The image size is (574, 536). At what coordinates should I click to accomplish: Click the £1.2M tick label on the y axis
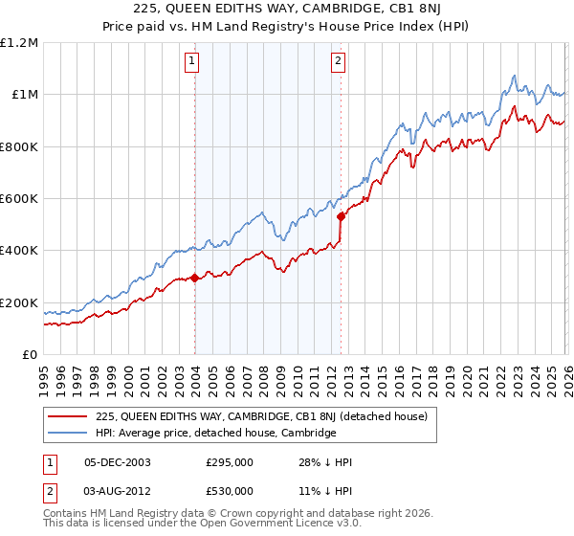coord(20,43)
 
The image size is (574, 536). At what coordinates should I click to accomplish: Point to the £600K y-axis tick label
coord(19,199)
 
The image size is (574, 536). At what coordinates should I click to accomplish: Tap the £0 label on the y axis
coord(30,355)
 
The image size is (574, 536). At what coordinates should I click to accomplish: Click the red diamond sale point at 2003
coord(194,279)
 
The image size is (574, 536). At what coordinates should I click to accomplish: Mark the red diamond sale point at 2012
coord(341,216)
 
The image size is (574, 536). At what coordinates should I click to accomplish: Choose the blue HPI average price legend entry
coord(215,433)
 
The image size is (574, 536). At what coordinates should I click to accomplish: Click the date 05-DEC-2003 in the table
coord(118,462)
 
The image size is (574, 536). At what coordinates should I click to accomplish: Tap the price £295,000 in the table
coord(230,462)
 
